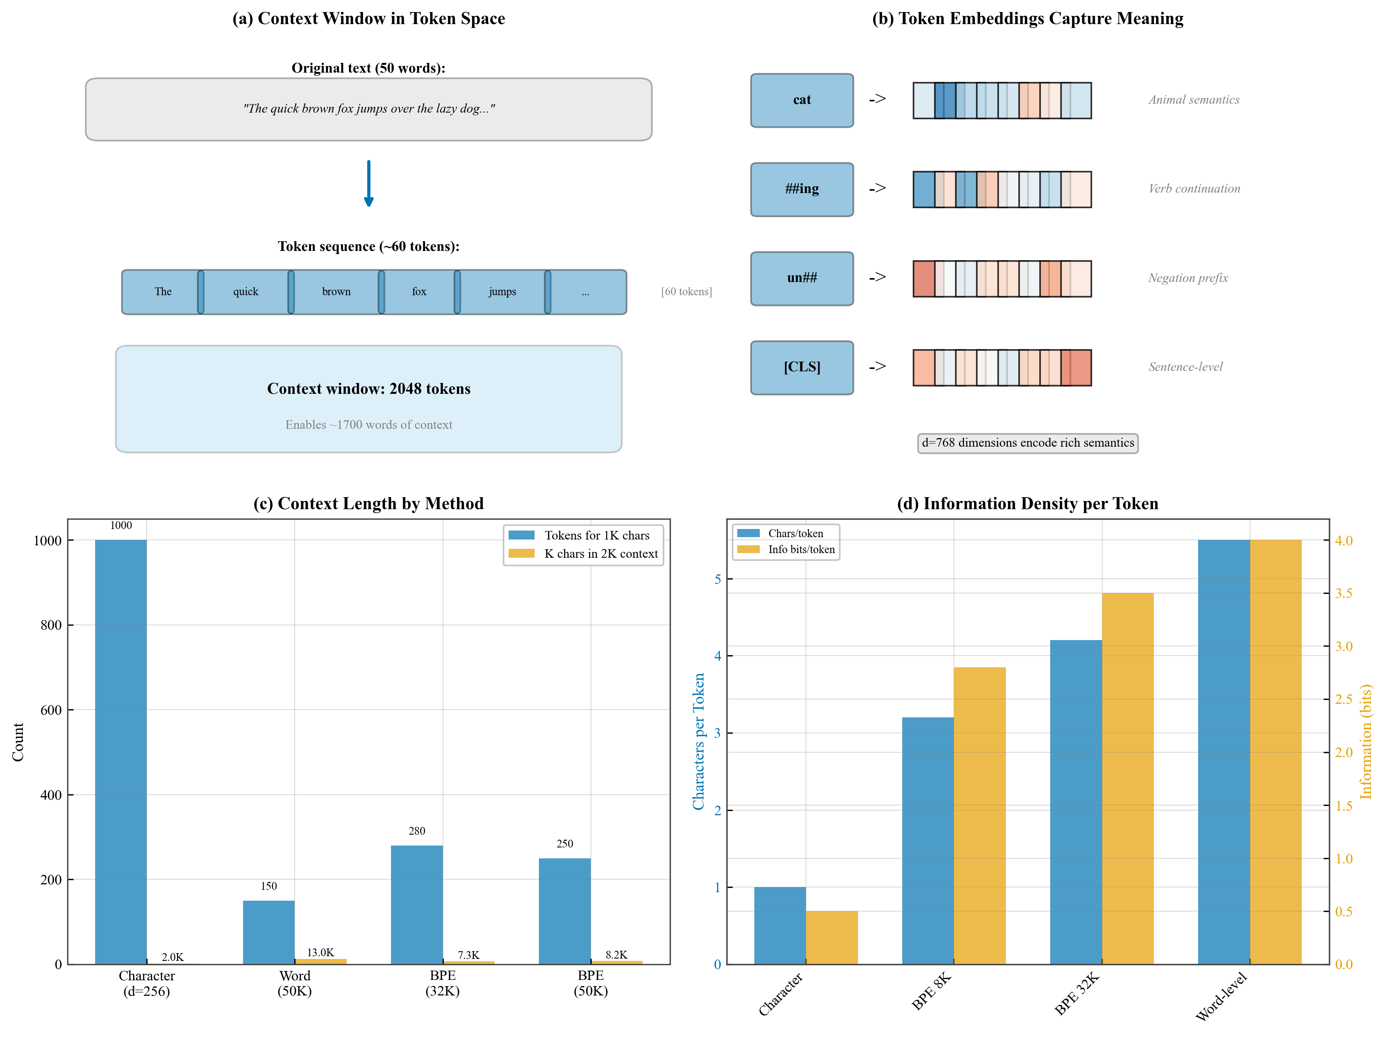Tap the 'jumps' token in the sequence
coord(502,292)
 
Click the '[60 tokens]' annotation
coord(686,292)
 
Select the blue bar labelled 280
coord(417,904)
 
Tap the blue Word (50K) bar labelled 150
coord(269,932)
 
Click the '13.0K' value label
coord(320,952)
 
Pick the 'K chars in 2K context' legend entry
coord(600,553)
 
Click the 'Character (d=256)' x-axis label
coord(147,983)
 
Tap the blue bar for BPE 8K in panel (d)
coord(927,840)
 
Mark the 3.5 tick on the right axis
coord(1343,593)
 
